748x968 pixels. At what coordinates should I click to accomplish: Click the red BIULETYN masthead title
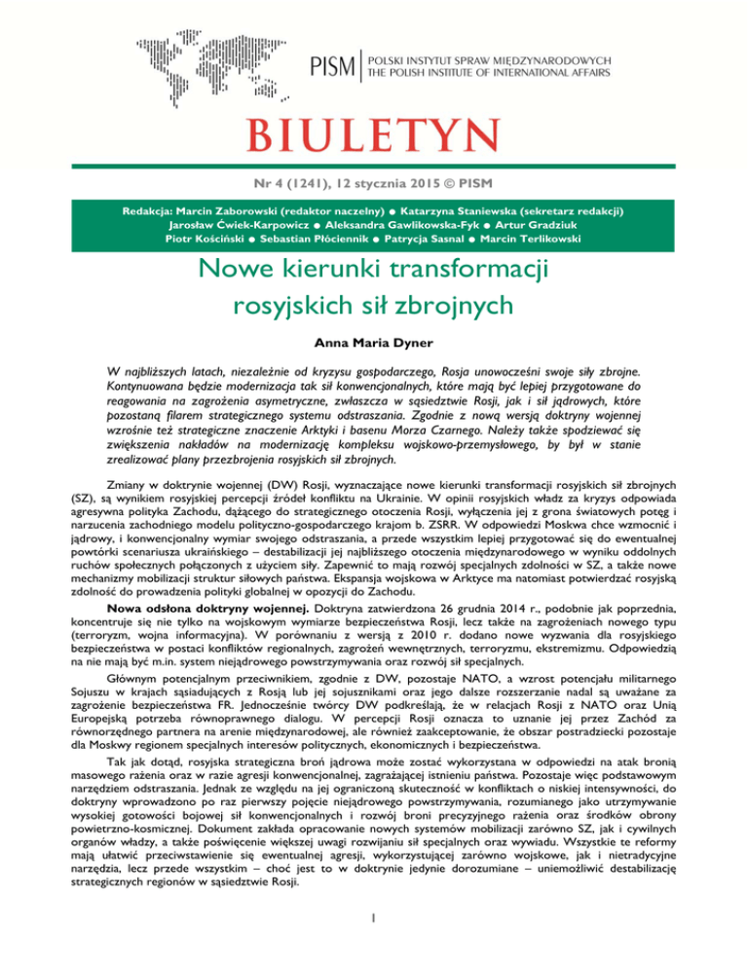(373, 130)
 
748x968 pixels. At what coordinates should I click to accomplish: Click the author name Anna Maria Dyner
(373, 343)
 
